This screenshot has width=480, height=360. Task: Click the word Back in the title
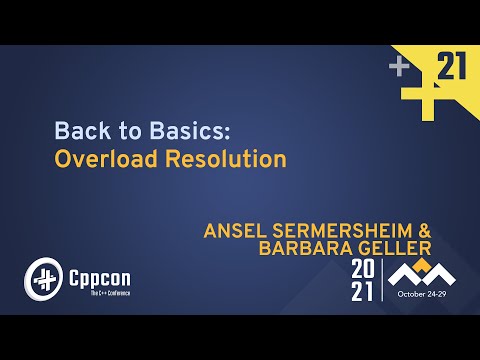point(76,130)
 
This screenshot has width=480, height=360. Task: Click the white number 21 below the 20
point(364,293)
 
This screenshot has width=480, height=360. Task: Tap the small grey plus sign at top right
point(400,68)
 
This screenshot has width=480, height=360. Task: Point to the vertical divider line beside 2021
point(383,283)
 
